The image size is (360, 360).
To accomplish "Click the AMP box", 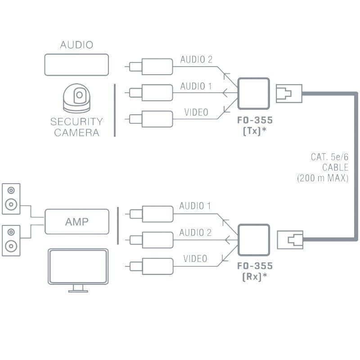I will coord(76,221).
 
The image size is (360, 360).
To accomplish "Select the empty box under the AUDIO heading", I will coord(76,64).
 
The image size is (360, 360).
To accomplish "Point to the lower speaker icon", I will coord(11,239).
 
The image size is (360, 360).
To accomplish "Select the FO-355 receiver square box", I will coord(253,240).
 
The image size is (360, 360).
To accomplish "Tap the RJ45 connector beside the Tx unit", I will coord(284,94).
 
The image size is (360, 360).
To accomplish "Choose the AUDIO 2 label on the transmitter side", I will coord(196,60).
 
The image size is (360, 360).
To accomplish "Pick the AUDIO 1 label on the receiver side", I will coord(195,206).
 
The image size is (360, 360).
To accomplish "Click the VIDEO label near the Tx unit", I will coord(196,112).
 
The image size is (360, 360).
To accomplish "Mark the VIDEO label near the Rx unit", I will coord(195,259).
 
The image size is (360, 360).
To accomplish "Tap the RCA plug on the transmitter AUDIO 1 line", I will coord(151,93).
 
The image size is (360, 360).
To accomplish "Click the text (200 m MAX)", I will coord(323,178).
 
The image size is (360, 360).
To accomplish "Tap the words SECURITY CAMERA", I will coord(76,127).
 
